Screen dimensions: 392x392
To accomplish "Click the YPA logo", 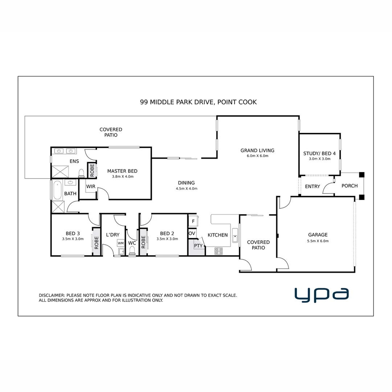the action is (322, 294).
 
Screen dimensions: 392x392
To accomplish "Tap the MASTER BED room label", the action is (122, 171).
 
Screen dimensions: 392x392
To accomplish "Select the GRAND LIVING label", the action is (257, 150).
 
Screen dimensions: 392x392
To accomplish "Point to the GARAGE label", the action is (318, 235).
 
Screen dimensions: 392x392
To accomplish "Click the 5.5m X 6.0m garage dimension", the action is (318, 241).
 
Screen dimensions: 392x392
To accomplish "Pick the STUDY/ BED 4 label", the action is (320, 153).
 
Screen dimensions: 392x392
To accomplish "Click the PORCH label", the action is (350, 186).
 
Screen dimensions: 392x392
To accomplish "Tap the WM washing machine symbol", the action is (121, 242).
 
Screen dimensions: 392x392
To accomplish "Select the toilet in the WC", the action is (132, 250).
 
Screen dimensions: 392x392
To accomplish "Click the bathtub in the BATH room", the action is (57, 191).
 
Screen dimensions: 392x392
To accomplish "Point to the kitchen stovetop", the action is (219, 250).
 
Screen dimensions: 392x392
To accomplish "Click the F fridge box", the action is (193, 221).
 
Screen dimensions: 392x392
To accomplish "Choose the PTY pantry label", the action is (198, 246).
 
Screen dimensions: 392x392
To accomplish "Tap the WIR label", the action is (90, 187).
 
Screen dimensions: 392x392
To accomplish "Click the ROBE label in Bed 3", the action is (97, 242).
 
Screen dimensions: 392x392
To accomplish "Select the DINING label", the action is (186, 183).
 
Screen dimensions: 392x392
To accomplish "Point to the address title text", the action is (198, 102).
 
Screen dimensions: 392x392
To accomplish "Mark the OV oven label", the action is (192, 233).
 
